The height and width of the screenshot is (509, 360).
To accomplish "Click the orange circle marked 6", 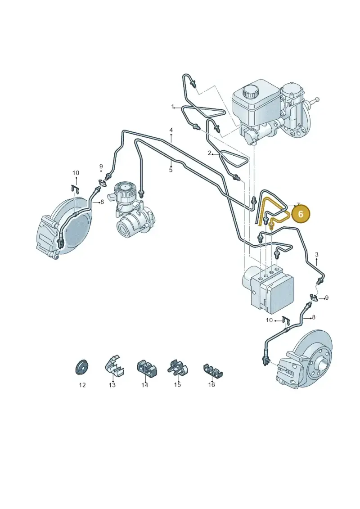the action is [301, 214].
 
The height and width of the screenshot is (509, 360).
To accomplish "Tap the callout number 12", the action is [82, 385].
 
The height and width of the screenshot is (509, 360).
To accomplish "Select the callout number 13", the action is [112, 385].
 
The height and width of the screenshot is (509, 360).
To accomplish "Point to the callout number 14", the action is [144, 385].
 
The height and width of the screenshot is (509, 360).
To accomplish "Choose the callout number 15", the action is [177, 385].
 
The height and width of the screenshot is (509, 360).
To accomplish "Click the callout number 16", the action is [211, 385].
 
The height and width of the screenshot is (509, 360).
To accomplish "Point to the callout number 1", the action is [173, 107].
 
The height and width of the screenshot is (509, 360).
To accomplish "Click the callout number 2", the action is [210, 153].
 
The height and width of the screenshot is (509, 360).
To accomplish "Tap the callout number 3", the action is [317, 255].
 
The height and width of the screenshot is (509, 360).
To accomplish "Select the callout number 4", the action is [171, 131].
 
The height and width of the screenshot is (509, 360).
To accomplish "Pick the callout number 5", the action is [171, 170].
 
